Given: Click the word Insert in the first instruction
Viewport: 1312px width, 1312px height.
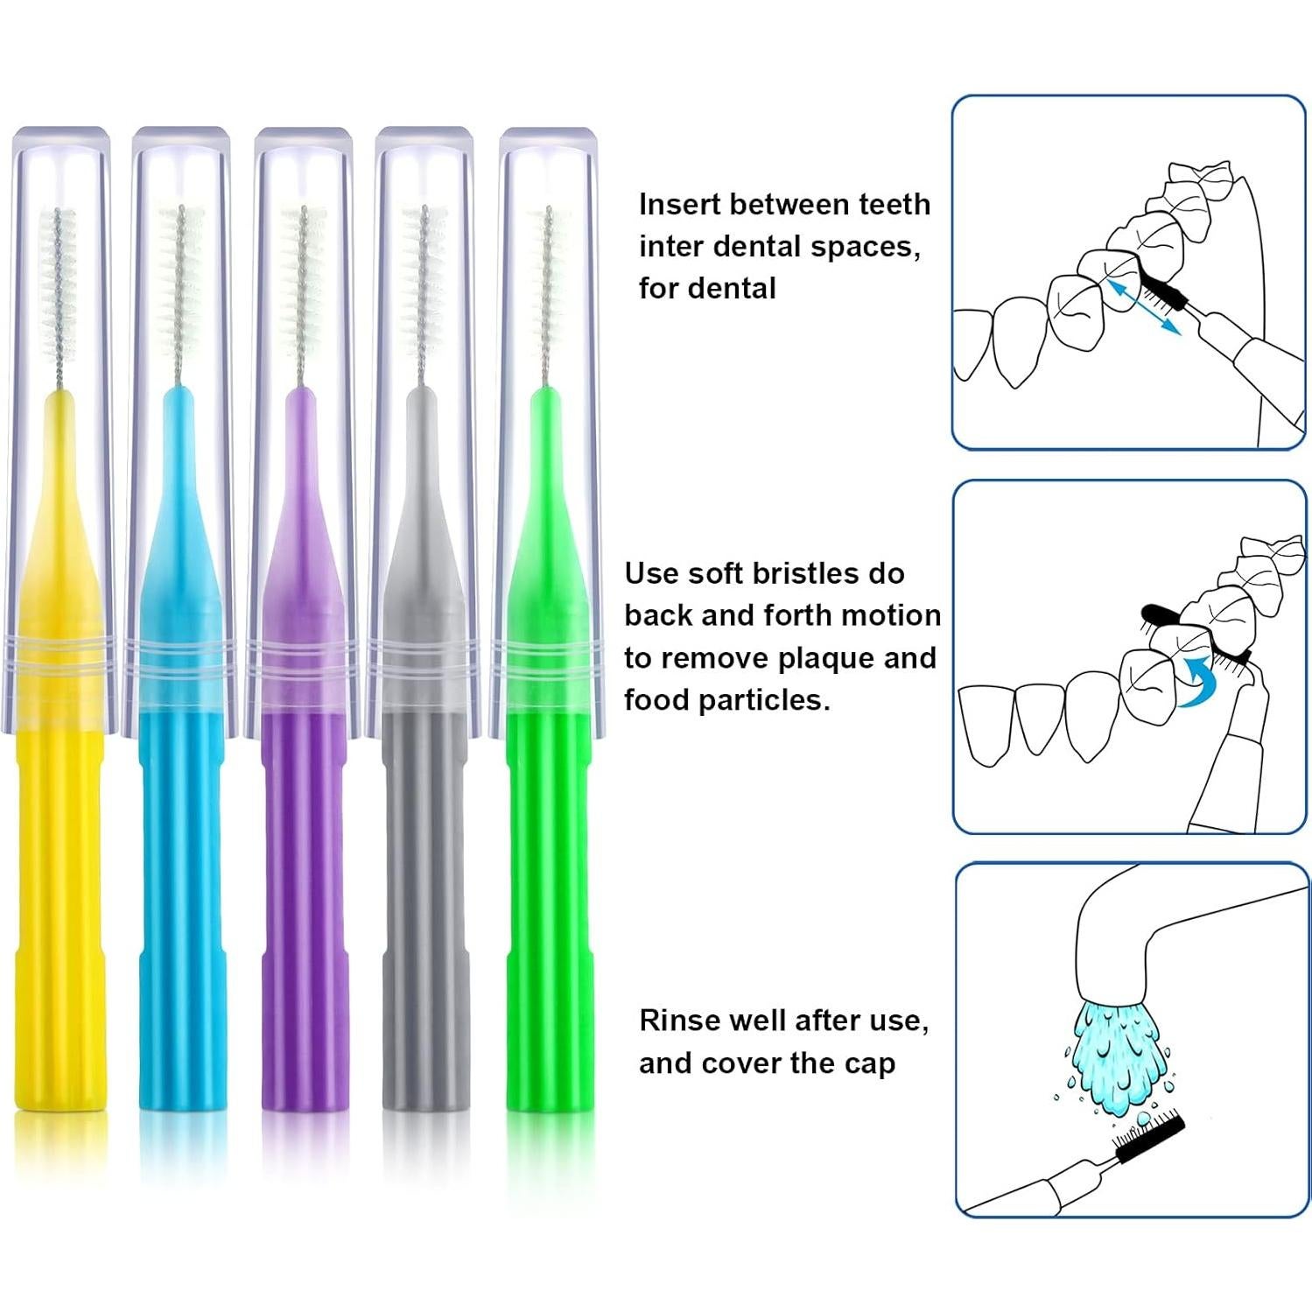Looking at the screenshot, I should coord(679,205).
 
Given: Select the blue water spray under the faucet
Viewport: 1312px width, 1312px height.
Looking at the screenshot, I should coord(1112,1059).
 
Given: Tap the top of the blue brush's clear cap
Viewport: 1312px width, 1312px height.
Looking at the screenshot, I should coord(181,137).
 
